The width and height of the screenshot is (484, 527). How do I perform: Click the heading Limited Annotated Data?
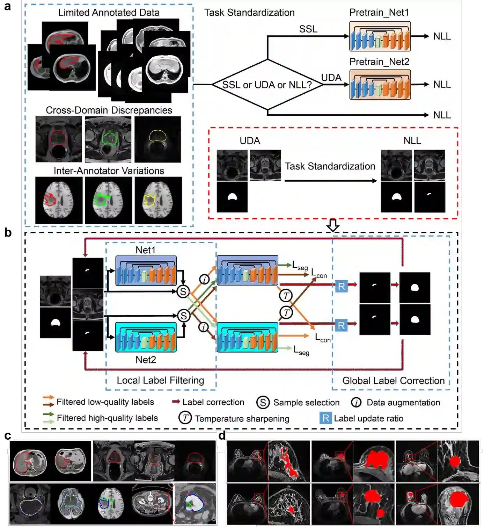pyautogui.click(x=109, y=13)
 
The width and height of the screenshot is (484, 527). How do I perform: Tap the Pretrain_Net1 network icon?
pyautogui.click(x=380, y=36)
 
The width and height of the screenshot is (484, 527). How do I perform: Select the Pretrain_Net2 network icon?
pyautogui.click(x=380, y=85)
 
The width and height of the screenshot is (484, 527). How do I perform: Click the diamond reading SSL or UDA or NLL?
pyautogui.click(x=267, y=85)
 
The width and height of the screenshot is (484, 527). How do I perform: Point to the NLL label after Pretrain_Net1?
pyautogui.click(x=442, y=36)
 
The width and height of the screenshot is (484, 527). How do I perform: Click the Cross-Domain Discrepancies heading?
pyautogui.click(x=109, y=110)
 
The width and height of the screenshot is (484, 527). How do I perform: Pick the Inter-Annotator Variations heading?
pyautogui.click(x=109, y=171)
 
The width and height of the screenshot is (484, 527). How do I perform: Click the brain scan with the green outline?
pyautogui.click(x=109, y=200)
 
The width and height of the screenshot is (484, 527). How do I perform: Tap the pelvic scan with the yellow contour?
pyautogui.click(x=158, y=139)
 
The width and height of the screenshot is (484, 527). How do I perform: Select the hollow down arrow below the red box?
pyautogui.click(x=333, y=225)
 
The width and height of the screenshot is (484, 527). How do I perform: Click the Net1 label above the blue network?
pyautogui.click(x=145, y=250)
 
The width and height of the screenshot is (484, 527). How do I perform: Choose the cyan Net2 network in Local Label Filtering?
pyautogui.click(x=146, y=337)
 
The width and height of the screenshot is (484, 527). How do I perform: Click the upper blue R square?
pyautogui.click(x=341, y=287)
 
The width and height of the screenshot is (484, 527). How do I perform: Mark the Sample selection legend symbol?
pyautogui.click(x=263, y=403)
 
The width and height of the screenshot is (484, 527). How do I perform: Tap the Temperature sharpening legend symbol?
pyautogui.click(x=185, y=418)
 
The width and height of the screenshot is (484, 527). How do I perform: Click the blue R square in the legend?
pyautogui.click(x=325, y=418)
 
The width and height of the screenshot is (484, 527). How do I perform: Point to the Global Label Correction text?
pyautogui.click(x=393, y=381)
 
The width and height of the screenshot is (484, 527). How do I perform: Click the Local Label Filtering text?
pyautogui.click(x=160, y=380)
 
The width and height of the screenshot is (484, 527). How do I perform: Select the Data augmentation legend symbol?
pyautogui.click(x=356, y=403)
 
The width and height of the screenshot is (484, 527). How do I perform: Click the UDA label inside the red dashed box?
pyautogui.click(x=250, y=141)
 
